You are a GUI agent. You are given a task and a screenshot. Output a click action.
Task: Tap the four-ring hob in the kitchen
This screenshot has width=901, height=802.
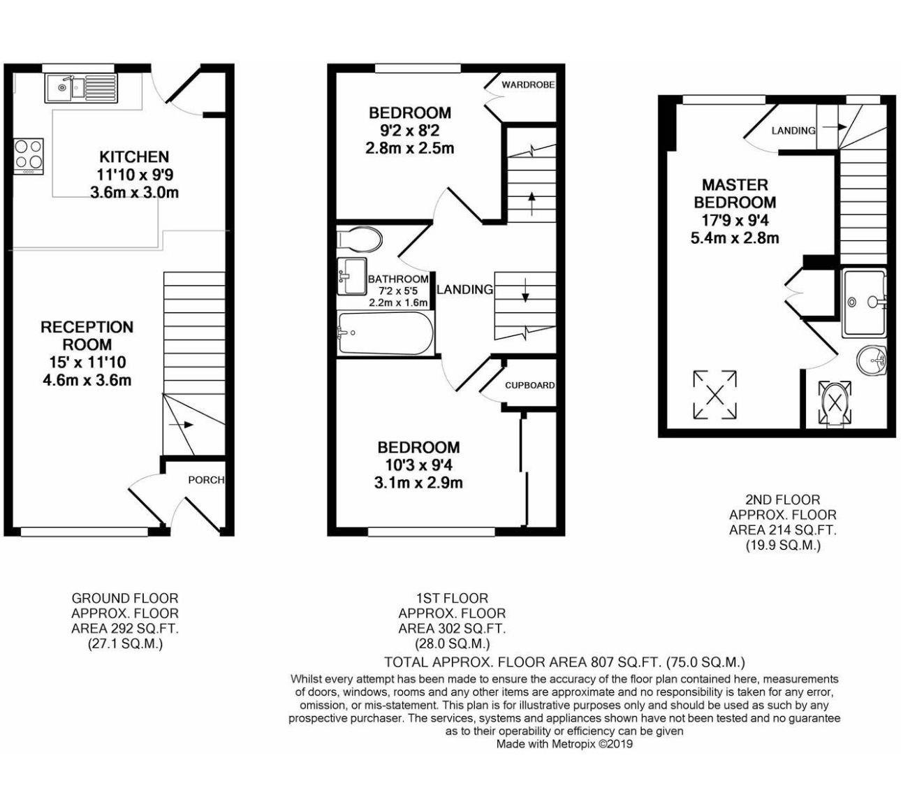click(28, 155)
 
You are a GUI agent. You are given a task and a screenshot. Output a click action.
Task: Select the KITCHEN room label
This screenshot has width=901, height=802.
click(134, 156)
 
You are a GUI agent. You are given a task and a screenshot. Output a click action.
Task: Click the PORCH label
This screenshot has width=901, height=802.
click(206, 480)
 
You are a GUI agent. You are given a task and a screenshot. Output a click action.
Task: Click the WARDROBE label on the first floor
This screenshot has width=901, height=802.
click(528, 85)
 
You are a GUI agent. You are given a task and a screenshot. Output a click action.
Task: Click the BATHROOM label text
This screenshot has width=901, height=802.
click(398, 279)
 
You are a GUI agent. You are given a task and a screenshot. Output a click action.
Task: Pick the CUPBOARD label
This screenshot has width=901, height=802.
click(529, 385)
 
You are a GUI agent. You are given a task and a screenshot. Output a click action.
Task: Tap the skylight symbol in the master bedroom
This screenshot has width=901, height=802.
click(715, 395)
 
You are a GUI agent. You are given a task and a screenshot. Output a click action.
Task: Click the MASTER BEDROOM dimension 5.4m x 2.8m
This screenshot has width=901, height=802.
click(734, 238)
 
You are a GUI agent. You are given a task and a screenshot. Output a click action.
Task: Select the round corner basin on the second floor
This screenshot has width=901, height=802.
click(871, 360)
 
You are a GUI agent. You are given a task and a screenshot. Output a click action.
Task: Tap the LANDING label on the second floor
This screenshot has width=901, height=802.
click(793, 131)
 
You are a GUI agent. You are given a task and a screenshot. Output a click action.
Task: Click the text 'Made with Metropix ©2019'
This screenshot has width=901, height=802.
click(564, 745)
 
